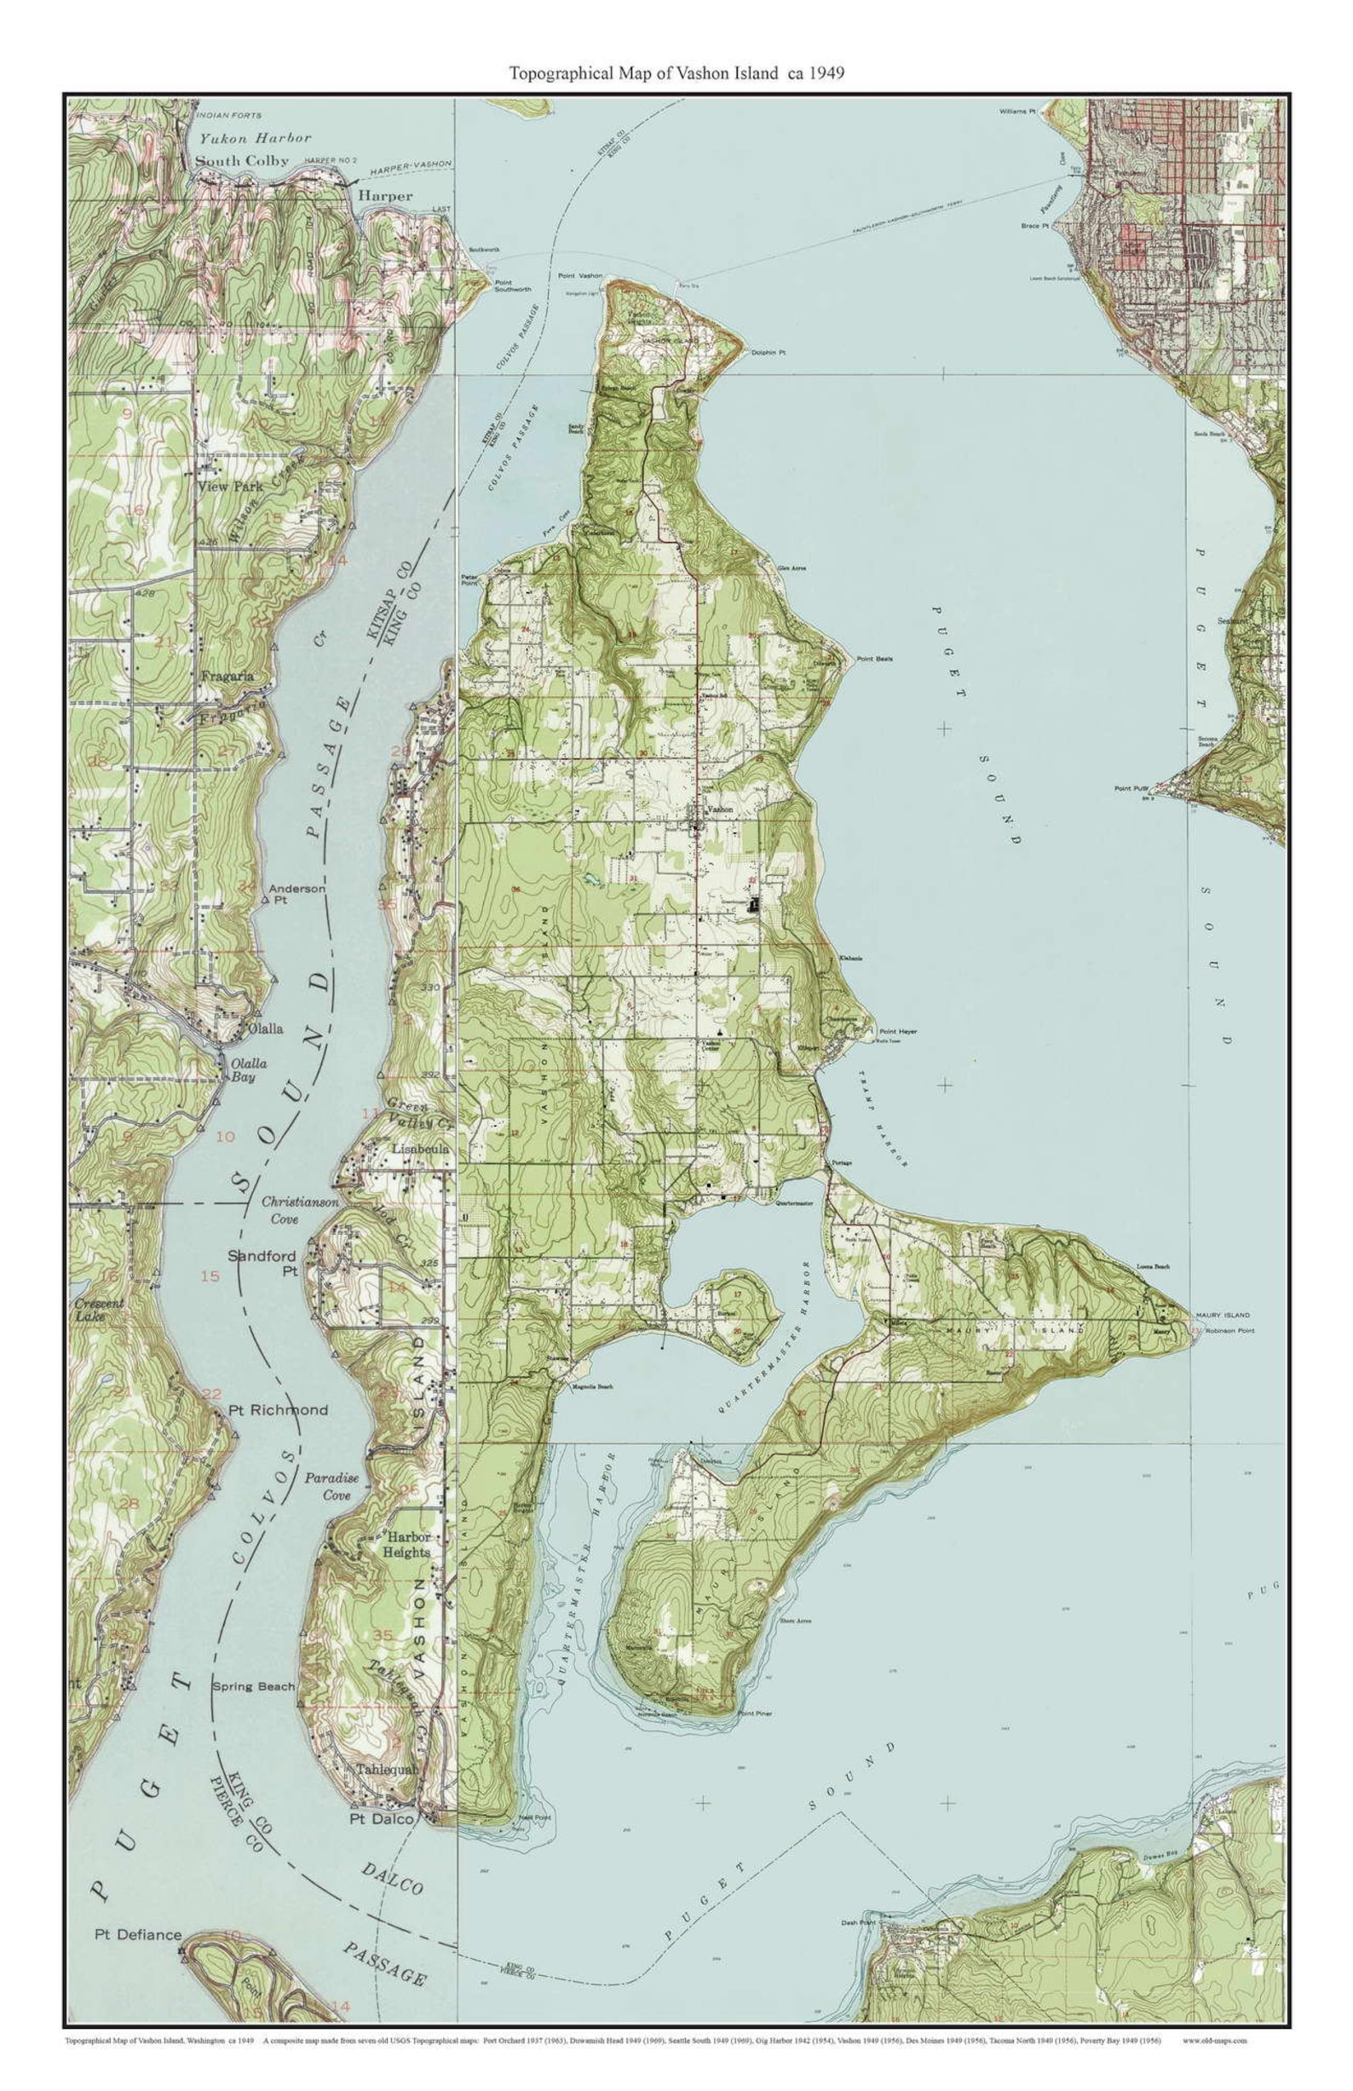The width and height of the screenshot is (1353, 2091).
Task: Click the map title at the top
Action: (x=676, y=74)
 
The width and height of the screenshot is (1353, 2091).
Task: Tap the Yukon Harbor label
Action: (x=254, y=138)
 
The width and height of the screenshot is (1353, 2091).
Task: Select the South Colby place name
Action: (x=242, y=161)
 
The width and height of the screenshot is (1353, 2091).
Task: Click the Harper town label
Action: (x=385, y=196)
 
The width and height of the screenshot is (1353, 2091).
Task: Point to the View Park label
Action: (x=230, y=486)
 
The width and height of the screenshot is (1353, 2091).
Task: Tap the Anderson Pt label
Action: (x=297, y=894)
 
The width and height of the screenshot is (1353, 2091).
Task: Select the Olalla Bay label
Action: (x=249, y=1069)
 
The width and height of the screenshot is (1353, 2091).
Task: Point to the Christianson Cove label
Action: (x=300, y=1210)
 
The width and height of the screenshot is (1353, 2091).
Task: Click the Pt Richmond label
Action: (x=278, y=1409)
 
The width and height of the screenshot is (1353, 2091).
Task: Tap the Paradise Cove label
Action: (x=332, y=1486)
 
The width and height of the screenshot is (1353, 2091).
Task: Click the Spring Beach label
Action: (x=253, y=1686)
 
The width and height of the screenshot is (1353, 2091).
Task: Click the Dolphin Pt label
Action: (x=767, y=352)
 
